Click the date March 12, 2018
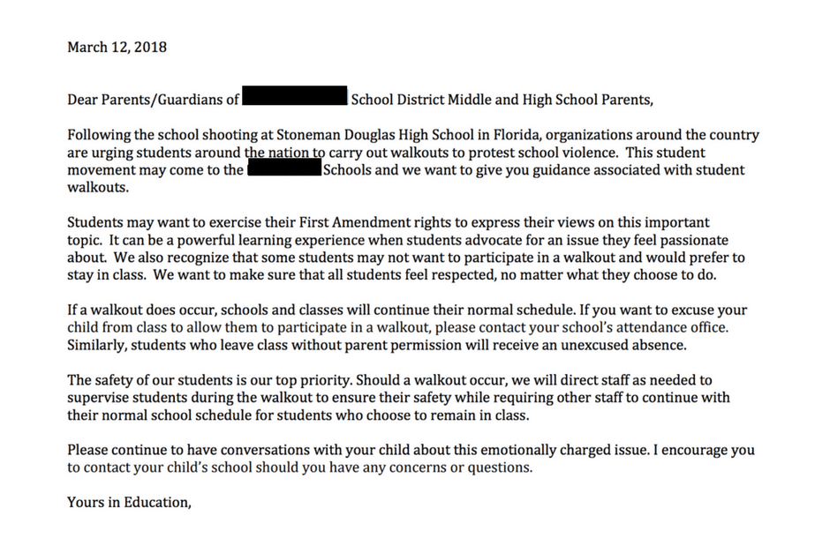click(x=117, y=47)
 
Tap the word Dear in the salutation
click(x=83, y=99)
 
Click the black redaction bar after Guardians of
click(x=295, y=98)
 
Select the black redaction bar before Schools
click(x=284, y=169)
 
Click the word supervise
click(x=99, y=398)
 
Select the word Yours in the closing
click(x=85, y=503)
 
